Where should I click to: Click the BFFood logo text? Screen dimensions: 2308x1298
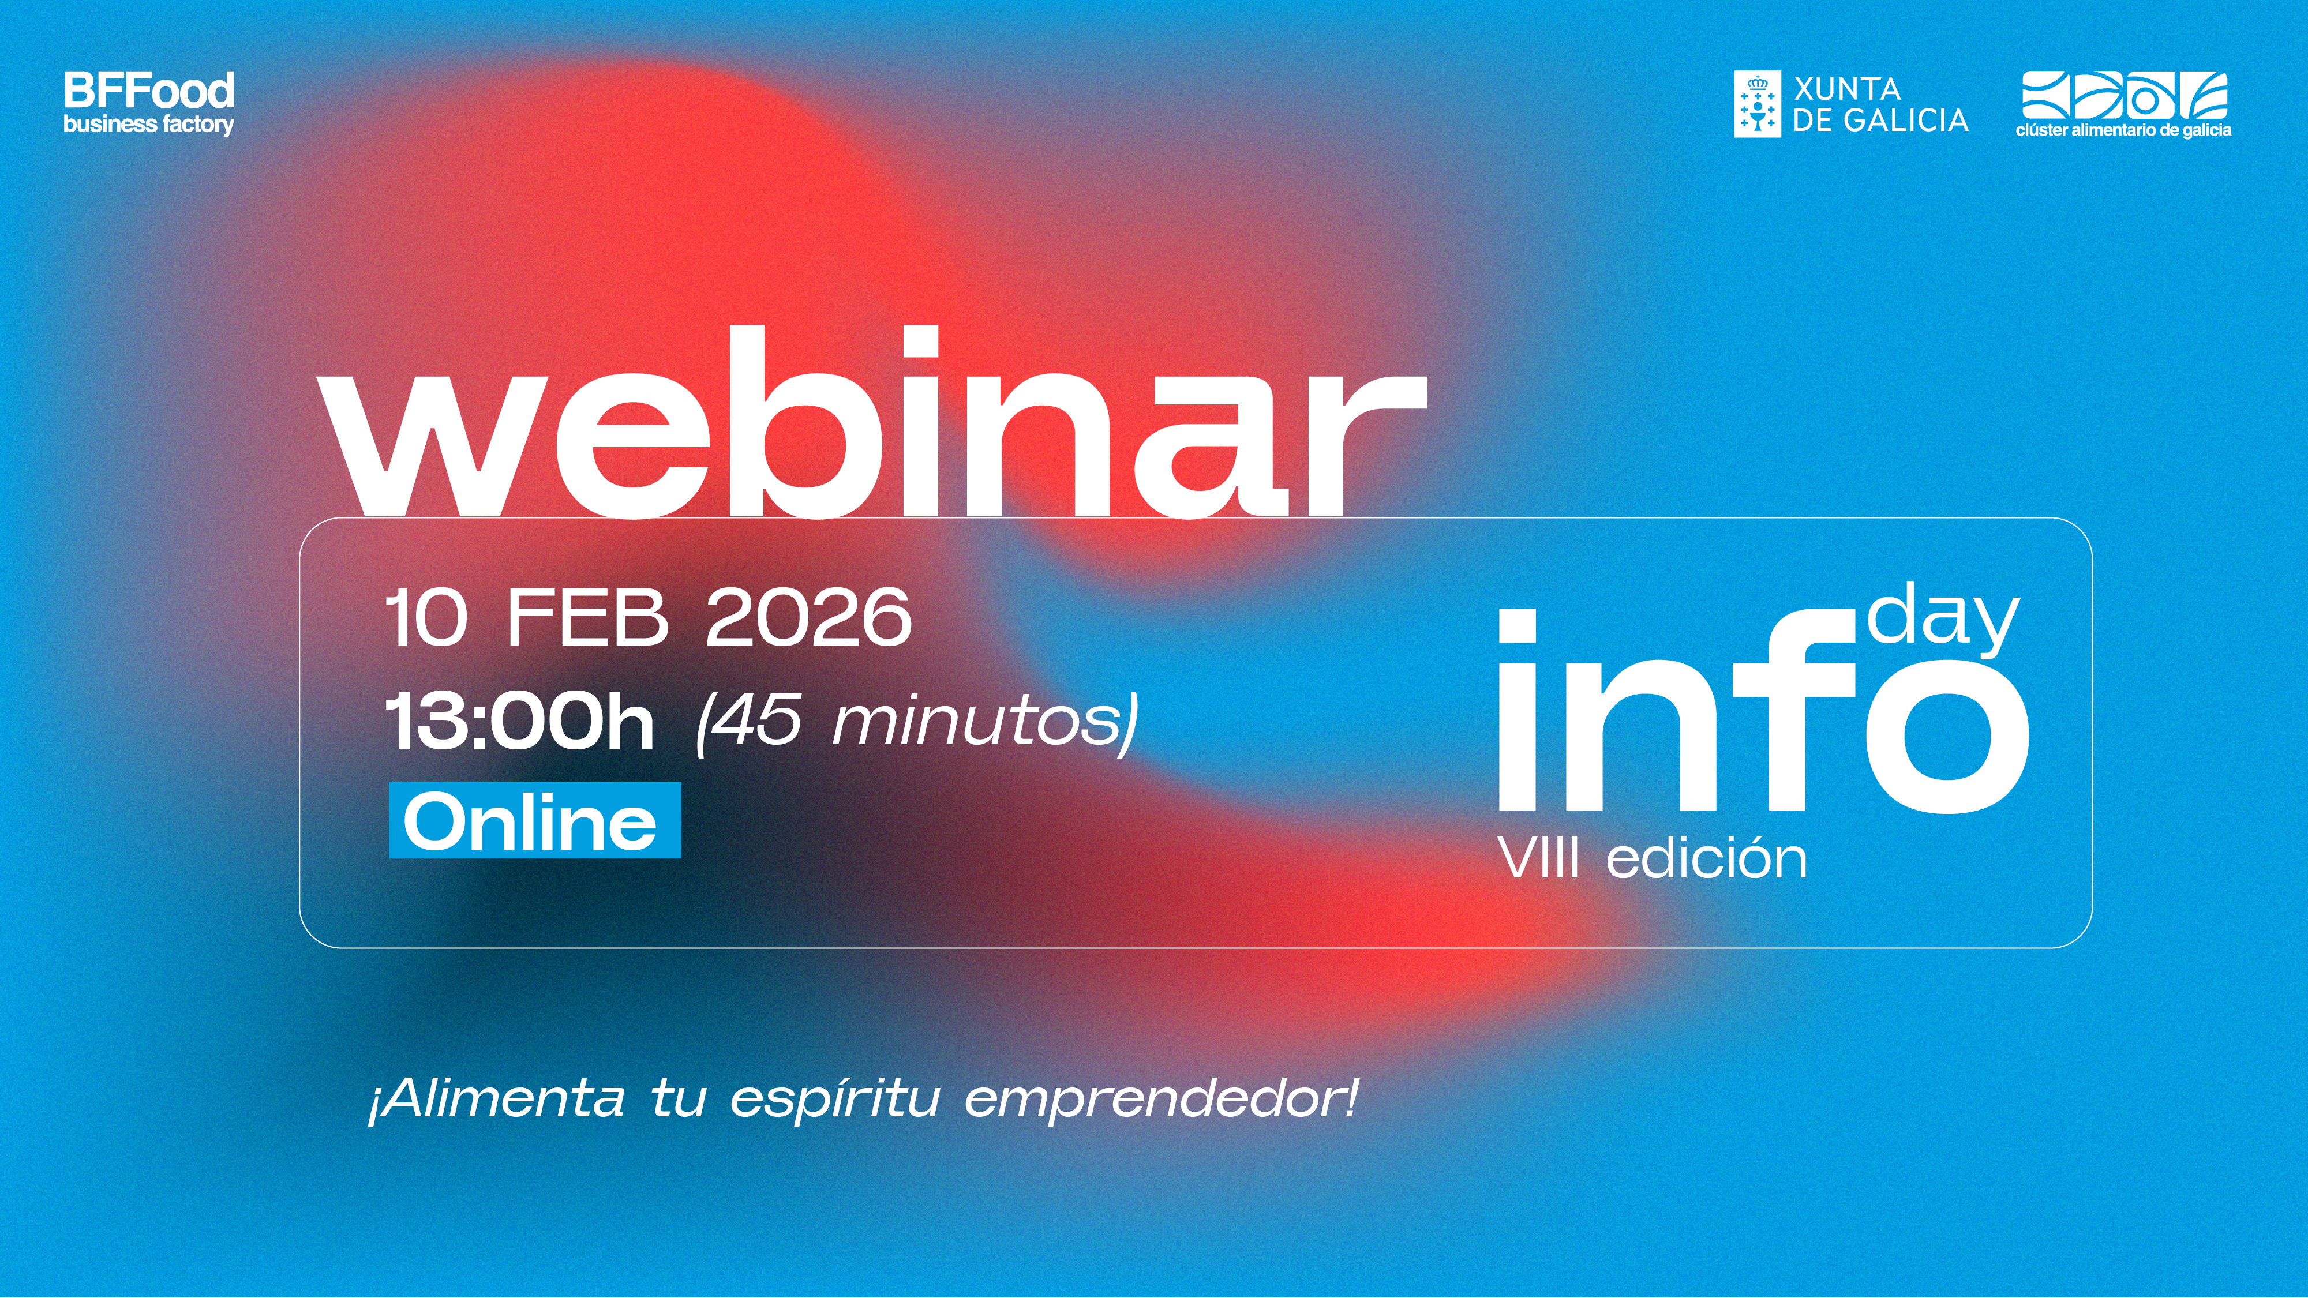tap(149, 91)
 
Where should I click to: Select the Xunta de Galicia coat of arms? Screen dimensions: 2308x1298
tap(1757, 104)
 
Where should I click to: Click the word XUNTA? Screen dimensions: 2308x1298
tap(1846, 89)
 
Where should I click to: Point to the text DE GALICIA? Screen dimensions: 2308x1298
tap(1880, 120)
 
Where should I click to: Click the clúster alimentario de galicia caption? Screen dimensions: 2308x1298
tap(2123, 130)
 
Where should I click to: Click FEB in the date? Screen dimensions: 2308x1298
tap(588, 617)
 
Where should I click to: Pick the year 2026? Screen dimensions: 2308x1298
tap(809, 617)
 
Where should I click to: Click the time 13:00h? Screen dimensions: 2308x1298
tap(520, 721)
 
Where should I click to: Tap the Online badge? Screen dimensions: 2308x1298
tap(535, 820)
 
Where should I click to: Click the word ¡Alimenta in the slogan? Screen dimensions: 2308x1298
tap(497, 1098)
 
